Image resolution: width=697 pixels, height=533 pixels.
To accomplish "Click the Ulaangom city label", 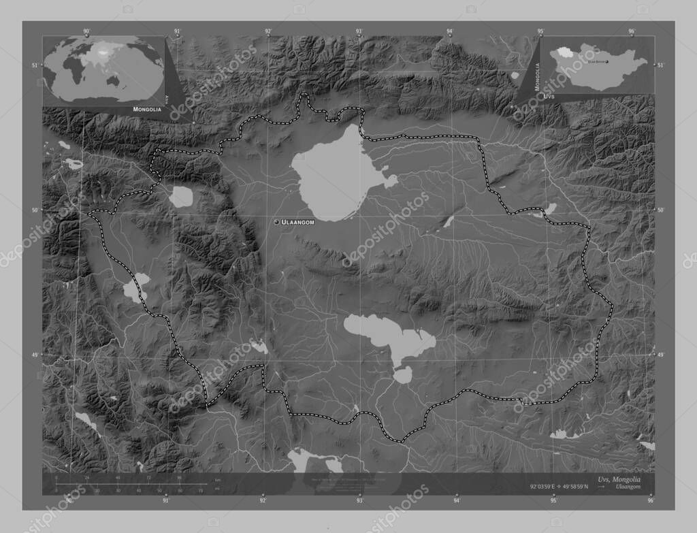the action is coord(298,223).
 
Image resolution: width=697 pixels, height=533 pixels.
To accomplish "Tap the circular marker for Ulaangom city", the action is coord(276,222).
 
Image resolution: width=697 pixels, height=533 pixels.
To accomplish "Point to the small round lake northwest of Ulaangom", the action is coord(181,197).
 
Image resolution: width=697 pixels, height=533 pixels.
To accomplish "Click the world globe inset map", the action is coord(104,70).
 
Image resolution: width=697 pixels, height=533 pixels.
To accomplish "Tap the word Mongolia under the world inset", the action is coord(147,109).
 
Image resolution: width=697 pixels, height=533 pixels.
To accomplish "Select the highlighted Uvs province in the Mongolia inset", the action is coord(563,52).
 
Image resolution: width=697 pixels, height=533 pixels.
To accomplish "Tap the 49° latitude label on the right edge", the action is coord(660,355).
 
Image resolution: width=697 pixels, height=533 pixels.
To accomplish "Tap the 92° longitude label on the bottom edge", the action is coord(263,500).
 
